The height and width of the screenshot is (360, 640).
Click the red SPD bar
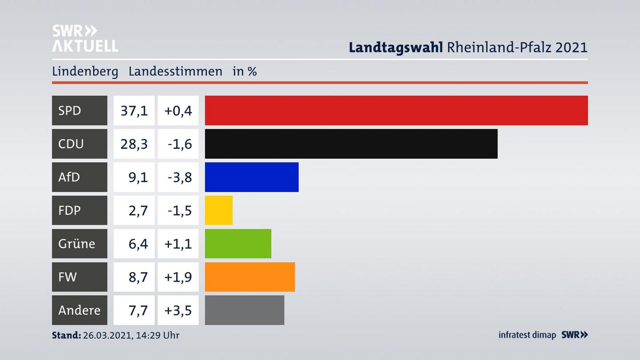tap(396, 110)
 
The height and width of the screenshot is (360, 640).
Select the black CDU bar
tap(351, 144)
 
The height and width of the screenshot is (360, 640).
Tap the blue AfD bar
tap(252, 177)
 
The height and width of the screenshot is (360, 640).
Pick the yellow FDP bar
tap(219, 210)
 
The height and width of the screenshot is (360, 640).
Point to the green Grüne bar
tap(238, 244)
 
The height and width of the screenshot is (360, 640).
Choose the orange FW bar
tap(250, 277)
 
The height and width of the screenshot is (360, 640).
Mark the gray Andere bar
tap(244, 310)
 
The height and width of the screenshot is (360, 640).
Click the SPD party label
tap(70, 110)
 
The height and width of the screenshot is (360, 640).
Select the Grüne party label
tap(76, 244)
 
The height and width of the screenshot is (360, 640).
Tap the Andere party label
tap(79, 310)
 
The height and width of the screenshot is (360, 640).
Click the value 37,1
tap(134, 110)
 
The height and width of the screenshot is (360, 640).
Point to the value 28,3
tap(134, 144)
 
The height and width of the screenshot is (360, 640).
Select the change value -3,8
tap(180, 177)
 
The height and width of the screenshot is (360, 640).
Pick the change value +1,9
tap(178, 277)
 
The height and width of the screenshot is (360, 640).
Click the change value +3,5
tap(178, 310)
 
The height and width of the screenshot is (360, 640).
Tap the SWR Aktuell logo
tap(85, 38)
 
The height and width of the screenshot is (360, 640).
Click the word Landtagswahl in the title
tap(396, 47)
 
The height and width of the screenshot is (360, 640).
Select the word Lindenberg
tap(85, 72)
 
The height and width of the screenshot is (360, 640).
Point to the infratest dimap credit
tap(527, 335)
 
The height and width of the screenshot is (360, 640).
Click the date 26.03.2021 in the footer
tap(106, 335)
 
